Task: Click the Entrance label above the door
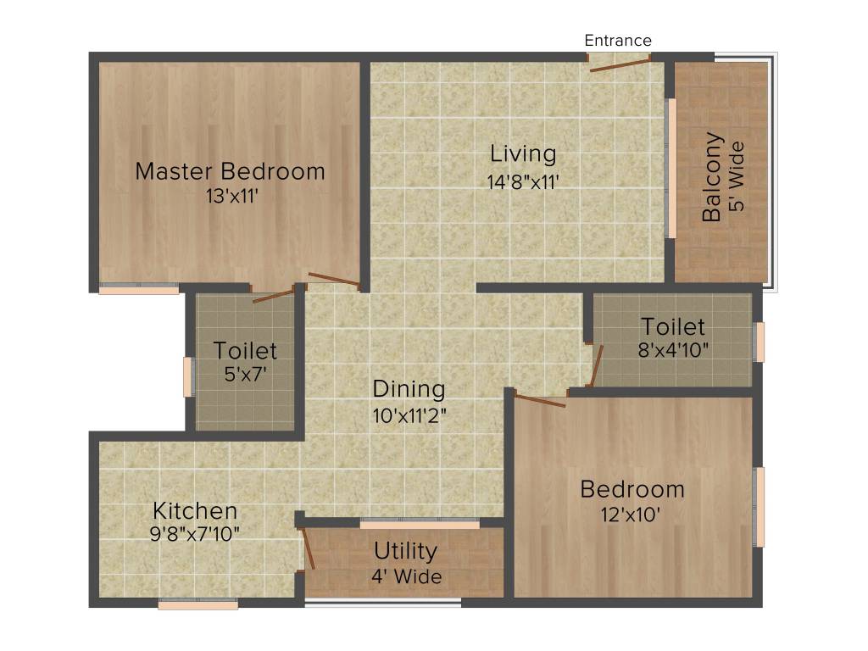[x=618, y=40]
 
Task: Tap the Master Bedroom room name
[x=230, y=171]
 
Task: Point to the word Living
[x=524, y=154]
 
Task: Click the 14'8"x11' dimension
[x=523, y=181]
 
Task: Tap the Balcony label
[x=712, y=177]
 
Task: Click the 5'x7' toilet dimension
[x=245, y=374]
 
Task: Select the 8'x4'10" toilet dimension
[x=672, y=350]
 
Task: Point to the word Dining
[x=409, y=389]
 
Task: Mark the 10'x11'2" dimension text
[x=409, y=415]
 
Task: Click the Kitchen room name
[x=195, y=511]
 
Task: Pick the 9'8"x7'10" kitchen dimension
[x=195, y=534]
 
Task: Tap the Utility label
[x=406, y=551]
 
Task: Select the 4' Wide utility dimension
[x=406, y=577]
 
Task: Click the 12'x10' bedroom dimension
[x=632, y=515]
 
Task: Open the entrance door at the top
[x=620, y=63]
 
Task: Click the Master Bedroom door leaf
[x=334, y=279]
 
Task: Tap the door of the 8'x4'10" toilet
[x=596, y=364]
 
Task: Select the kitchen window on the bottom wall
[x=198, y=605]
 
